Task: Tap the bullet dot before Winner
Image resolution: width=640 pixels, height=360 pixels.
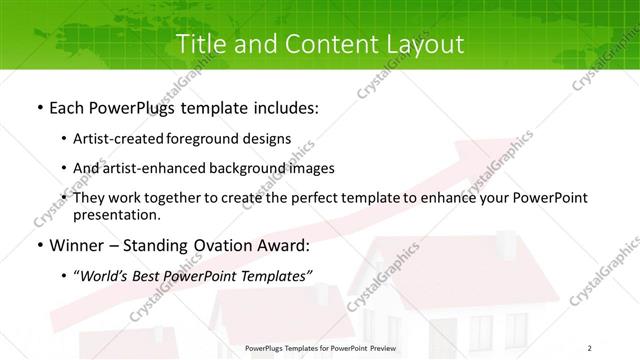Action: tap(38, 246)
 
